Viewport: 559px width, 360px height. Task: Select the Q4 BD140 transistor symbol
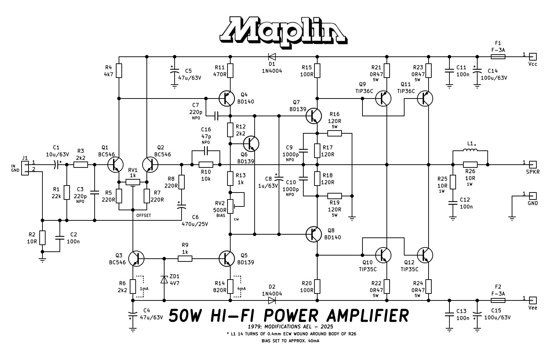pos(226,99)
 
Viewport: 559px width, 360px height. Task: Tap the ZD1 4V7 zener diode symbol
pos(164,280)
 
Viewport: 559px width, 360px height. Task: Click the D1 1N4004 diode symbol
pos(272,57)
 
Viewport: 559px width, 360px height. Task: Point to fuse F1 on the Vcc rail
pos(498,57)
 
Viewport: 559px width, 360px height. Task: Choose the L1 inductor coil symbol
pos(470,150)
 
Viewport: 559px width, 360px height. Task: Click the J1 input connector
pos(25,168)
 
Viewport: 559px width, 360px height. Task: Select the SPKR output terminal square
pos(533,165)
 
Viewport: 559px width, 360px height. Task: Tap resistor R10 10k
pos(206,165)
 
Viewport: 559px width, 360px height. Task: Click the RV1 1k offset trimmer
pos(133,182)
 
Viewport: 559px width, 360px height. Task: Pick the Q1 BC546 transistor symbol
pos(115,165)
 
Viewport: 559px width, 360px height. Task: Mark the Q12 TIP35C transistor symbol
pos(425,255)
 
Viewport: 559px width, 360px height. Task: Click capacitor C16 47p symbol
pos(206,151)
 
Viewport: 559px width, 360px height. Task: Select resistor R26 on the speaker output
pos(470,165)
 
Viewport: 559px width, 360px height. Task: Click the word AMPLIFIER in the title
pos(368,315)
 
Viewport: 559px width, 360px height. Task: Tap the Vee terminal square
pos(533,300)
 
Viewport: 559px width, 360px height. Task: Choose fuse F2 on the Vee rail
pos(498,300)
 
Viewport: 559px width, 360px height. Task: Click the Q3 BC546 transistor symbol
pos(136,259)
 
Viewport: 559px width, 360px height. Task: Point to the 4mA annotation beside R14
pos(241,289)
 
